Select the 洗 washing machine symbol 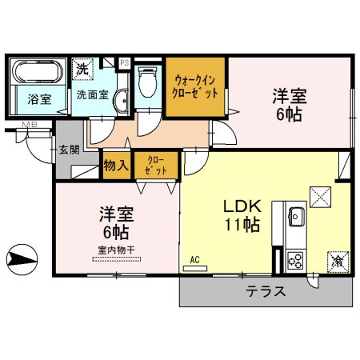pyautogui.click(x=82, y=70)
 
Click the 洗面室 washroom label pyautogui.click(x=92, y=94)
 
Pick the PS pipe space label pyautogui.click(x=125, y=62)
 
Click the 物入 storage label pyautogui.click(x=116, y=166)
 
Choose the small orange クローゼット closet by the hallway pyautogui.click(x=151, y=166)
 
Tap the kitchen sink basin pyautogui.click(x=294, y=216)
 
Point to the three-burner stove pyautogui.click(x=294, y=259)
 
